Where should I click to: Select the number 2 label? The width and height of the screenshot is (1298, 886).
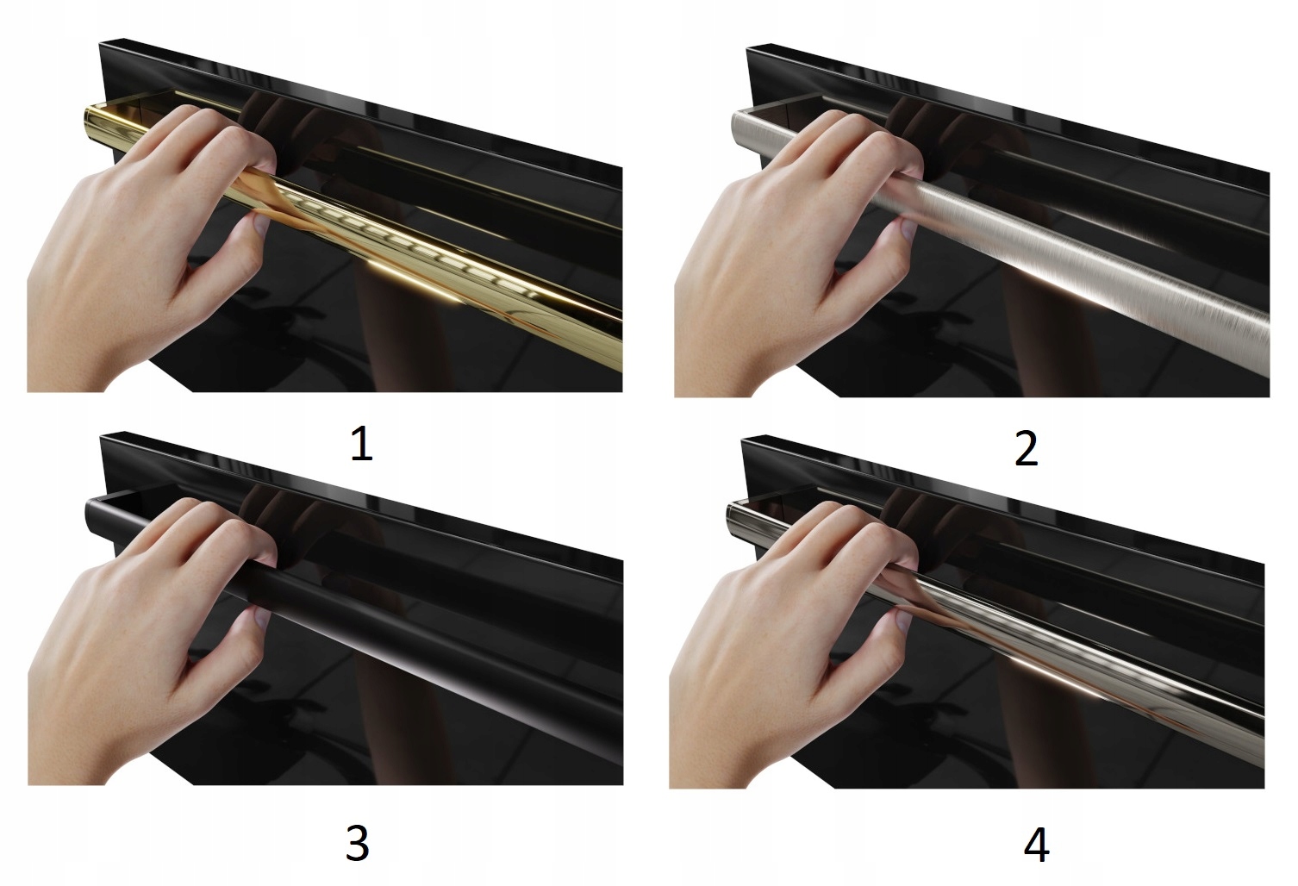[x=1027, y=449]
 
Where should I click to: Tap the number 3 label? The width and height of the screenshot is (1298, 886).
[x=358, y=844]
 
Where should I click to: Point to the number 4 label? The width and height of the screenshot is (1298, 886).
[x=1036, y=845]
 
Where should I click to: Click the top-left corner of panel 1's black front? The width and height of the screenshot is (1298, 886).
[x=100, y=43]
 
